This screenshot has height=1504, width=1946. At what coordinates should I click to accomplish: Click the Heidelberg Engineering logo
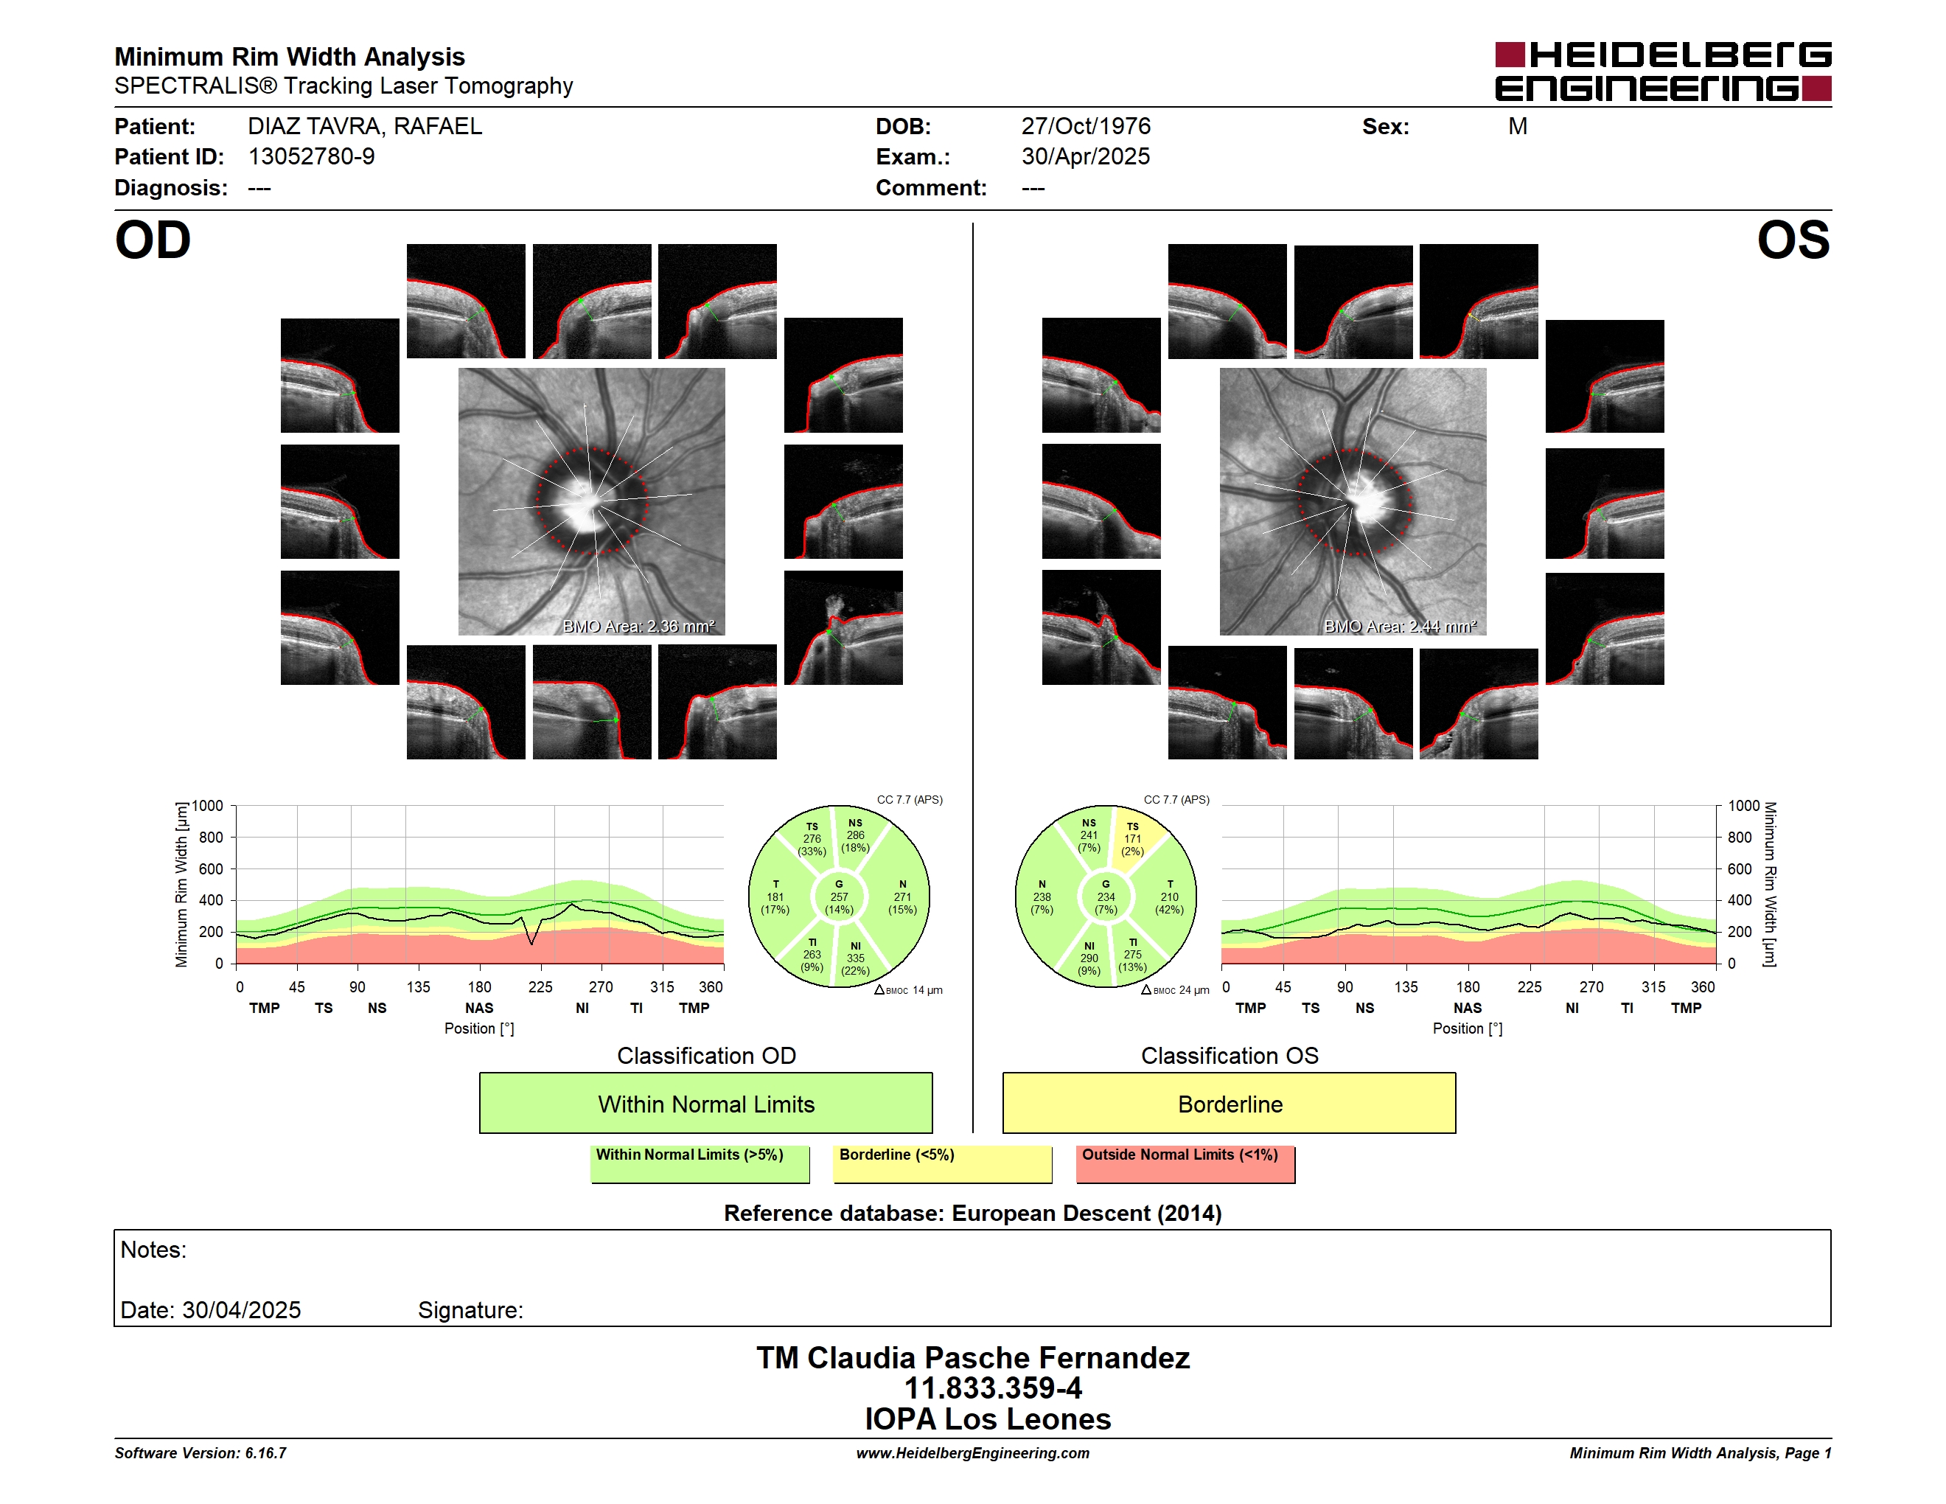[x=1663, y=72]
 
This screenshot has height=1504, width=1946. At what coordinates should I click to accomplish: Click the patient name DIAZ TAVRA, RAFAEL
[x=364, y=127]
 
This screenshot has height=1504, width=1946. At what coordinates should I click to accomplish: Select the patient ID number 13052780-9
[x=311, y=157]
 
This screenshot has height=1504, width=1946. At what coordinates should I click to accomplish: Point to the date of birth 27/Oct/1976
[x=1085, y=127]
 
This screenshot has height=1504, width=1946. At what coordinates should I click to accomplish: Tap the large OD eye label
[x=153, y=240]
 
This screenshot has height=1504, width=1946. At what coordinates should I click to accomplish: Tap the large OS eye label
[x=1793, y=240]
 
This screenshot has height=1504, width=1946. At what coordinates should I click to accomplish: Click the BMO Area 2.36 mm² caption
[x=638, y=627]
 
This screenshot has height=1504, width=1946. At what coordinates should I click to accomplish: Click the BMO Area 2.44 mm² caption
[x=1400, y=627]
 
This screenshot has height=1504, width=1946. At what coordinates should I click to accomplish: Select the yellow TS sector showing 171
[x=1134, y=839]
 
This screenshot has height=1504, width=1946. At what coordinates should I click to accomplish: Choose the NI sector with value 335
[x=855, y=958]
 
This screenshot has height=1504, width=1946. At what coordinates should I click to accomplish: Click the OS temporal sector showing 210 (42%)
[x=1169, y=897]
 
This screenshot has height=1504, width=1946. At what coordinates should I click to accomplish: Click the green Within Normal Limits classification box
[x=705, y=1103]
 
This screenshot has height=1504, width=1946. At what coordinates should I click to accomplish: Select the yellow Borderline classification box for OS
[x=1230, y=1103]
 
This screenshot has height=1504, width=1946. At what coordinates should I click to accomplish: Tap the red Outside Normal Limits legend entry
[x=1185, y=1163]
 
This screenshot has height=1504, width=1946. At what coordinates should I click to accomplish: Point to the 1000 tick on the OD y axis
[x=206, y=806]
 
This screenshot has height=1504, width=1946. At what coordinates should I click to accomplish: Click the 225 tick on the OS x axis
[x=1529, y=987]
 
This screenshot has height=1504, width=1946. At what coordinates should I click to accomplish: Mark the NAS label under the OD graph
[x=478, y=1009]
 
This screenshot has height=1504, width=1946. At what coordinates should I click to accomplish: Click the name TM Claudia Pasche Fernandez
[x=973, y=1358]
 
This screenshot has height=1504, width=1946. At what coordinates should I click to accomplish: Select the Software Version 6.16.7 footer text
[x=200, y=1453]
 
